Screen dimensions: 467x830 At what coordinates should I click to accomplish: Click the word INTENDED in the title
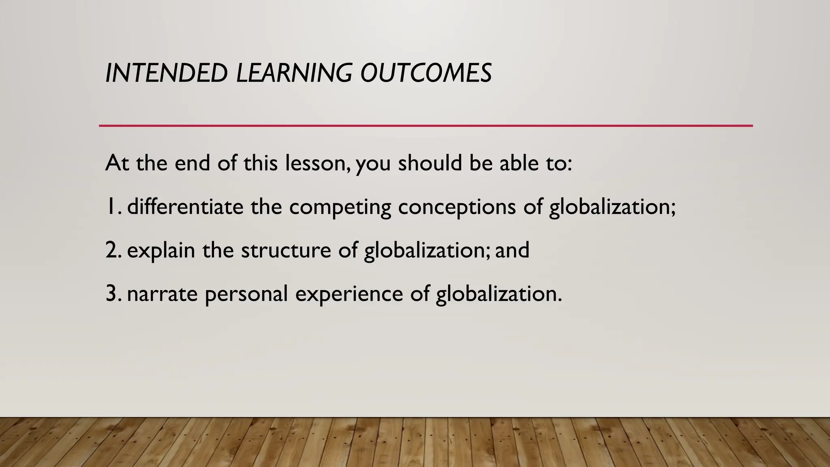[x=166, y=73]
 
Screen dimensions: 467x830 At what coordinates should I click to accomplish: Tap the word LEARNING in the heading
[x=294, y=73]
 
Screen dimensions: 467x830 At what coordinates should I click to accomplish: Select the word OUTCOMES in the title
[x=426, y=73]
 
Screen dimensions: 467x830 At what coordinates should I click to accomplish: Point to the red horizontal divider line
[x=426, y=126]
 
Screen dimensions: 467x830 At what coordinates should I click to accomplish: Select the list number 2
[x=112, y=250]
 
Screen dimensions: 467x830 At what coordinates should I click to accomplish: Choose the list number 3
[x=112, y=293]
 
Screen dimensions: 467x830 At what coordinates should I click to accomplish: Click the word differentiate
[x=185, y=206]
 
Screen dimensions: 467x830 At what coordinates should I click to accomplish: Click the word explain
[x=161, y=251]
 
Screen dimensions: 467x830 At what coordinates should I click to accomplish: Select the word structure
[x=286, y=251]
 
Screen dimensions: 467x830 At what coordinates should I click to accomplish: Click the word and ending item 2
[x=512, y=250]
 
